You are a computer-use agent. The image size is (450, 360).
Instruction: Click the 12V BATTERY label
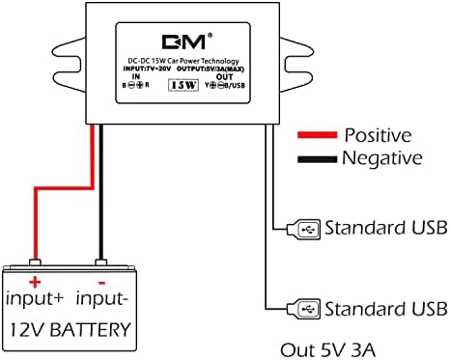tap(70, 330)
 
